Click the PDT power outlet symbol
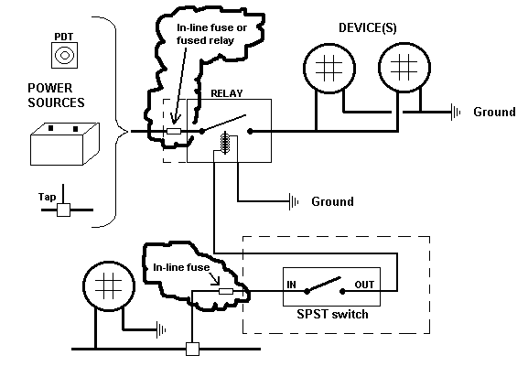point(64,55)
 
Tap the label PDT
point(64,37)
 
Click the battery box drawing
point(65,144)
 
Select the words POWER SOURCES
point(56,95)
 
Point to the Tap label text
point(47,197)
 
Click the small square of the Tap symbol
point(63,210)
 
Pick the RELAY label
point(227,93)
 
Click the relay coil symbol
point(225,143)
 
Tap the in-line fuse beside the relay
point(174,131)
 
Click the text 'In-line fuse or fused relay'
point(211,34)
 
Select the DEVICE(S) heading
point(367,27)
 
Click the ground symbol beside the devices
point(456,113)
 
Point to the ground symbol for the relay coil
point(294,201)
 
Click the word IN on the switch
point(291,285)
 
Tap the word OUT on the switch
point(364,285)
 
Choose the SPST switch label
point(332,314)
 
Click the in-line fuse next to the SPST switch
point(226,291)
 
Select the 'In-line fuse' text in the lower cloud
point(181,267)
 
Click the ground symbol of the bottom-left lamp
point(161,329)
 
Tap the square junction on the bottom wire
point(192,349)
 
